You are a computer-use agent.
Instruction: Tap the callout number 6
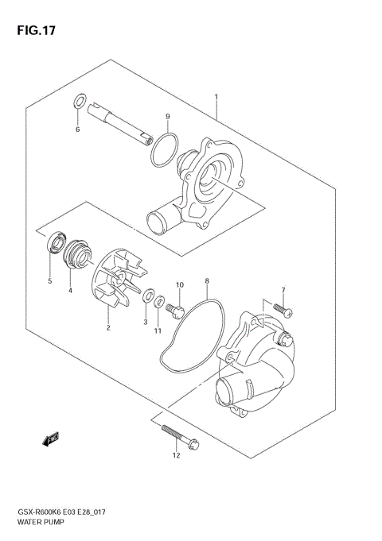(x=78, y=129)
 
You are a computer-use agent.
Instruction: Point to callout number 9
(x=167, y=117)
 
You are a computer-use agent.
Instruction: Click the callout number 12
(x=176, y=455)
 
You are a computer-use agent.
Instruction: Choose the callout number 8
(x=206, y=281)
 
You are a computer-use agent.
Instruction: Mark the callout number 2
(x=108, y=327)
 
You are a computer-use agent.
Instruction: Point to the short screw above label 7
(x=281, y=307)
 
